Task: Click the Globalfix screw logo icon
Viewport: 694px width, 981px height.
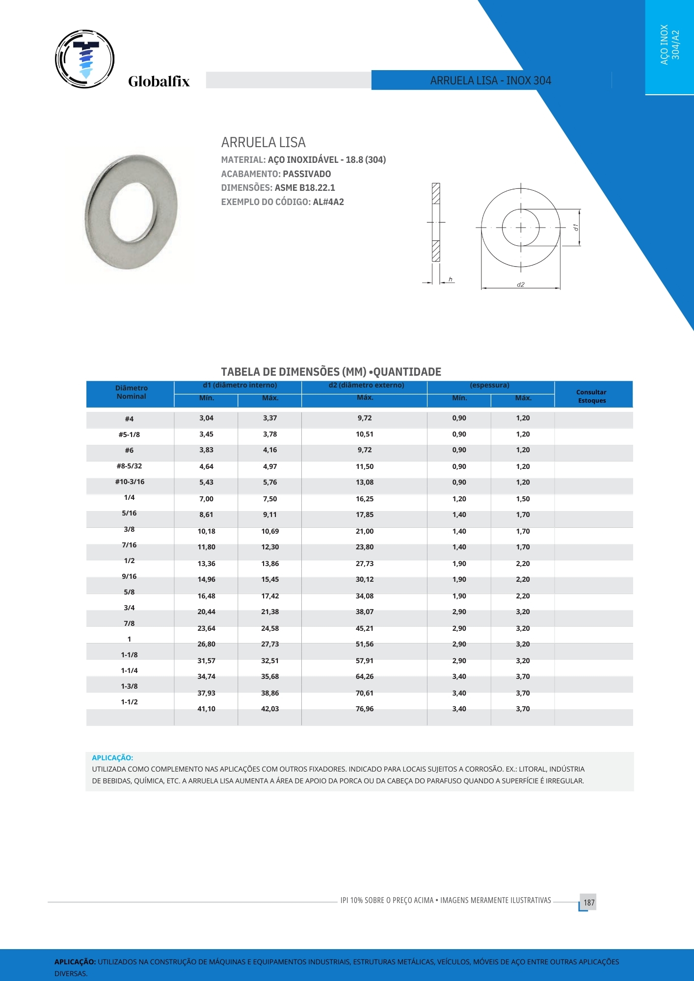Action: click(85, 59)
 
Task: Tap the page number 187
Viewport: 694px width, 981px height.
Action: click(589, 903)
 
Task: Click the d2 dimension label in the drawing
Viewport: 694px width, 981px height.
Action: click(520, 284)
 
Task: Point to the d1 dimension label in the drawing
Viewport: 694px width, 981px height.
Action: click(576, 227)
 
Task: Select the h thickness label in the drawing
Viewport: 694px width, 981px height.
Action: click(450, 280)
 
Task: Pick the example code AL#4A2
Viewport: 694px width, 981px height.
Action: click(328, 202)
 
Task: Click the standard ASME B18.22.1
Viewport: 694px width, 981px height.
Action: click(305, 188)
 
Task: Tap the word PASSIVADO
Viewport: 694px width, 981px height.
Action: click(307, 174)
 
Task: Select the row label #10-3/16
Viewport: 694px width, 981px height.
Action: click(130, 482)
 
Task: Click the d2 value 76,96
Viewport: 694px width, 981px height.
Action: click(365, 709)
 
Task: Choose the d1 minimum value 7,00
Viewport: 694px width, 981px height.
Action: click(206, 499)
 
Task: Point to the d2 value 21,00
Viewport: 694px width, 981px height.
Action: click(365, 531)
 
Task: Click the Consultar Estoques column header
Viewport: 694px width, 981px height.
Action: click(591, 396)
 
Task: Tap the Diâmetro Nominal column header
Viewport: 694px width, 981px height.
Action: click(131, 392)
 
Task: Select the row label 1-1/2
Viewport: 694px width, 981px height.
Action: click(129, 702)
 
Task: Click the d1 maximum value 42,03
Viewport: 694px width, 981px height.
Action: click(270, 709)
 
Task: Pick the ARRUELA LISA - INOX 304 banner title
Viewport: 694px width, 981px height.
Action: click(491, 80)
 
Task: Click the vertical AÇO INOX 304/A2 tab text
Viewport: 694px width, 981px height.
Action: click(669, 45)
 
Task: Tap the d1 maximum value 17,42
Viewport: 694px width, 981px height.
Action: click(270, 596)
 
